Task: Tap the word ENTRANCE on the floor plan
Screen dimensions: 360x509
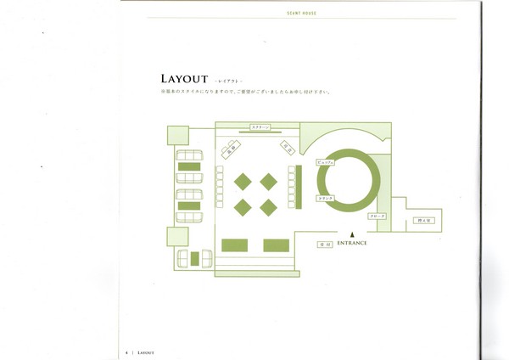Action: [351, 244]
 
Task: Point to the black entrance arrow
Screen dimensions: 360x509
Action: [347, 235]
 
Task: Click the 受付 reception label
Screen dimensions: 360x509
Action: [323, 244]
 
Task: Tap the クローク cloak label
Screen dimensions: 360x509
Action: [377, 217]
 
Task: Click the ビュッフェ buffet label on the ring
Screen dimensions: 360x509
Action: [324, 160]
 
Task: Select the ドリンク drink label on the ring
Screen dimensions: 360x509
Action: [325, 198]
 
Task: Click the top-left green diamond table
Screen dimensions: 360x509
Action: [243, 181]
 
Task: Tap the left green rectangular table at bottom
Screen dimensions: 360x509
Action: [234, 245]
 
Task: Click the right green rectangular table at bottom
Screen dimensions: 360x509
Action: [276, 245]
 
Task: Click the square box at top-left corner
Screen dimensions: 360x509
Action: [178, 135]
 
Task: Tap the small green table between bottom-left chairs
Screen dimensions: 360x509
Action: [193, 258]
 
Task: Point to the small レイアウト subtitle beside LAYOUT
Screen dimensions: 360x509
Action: [228, 81]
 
